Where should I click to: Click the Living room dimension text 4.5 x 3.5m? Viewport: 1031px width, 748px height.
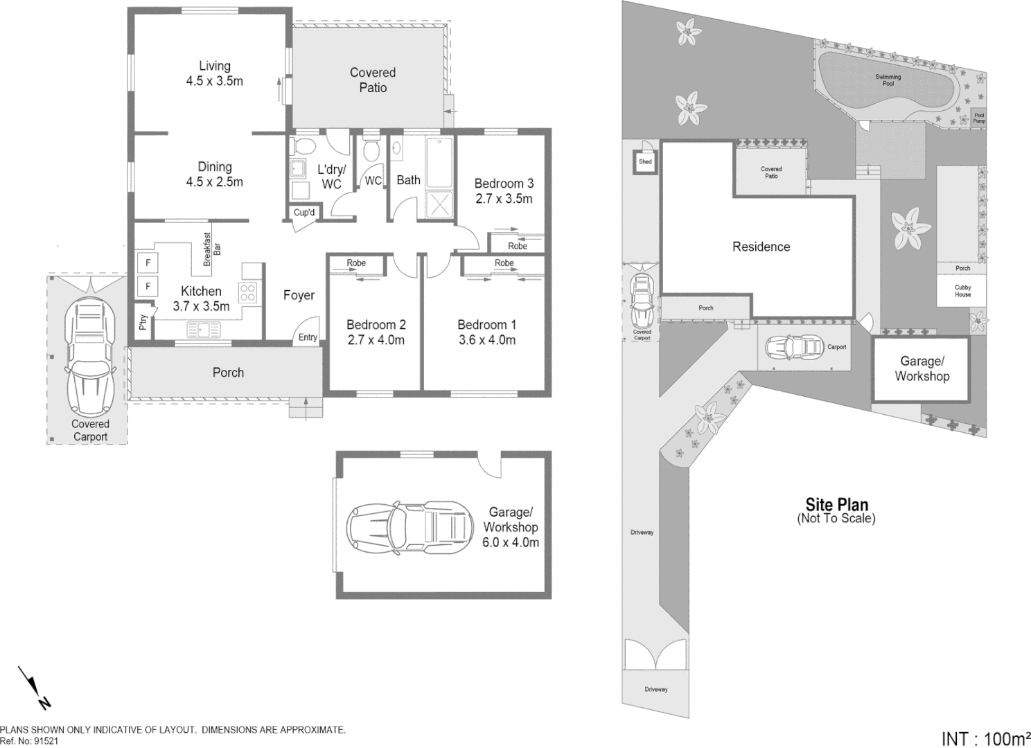click(214, 81)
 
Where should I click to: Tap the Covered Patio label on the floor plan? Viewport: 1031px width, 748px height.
click(373, 80)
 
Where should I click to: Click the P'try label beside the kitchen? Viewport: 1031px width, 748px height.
click(143, 322)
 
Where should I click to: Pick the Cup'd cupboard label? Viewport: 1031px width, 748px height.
click(304, 213)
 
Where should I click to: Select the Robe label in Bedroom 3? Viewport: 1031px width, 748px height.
click(518, 246)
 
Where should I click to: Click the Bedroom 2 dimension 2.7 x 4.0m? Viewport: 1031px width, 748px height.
click(376, 340)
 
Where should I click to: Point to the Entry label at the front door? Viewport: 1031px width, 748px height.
click(308, 337)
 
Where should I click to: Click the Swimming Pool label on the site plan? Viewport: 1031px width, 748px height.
click(888, 80)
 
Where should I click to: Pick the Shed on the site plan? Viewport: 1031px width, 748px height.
click(645, 162)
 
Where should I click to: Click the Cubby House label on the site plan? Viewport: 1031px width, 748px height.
click(962, 291)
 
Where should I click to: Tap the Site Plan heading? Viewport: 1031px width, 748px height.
click(836, 505)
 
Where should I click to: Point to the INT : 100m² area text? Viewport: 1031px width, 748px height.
click(985, 738)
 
